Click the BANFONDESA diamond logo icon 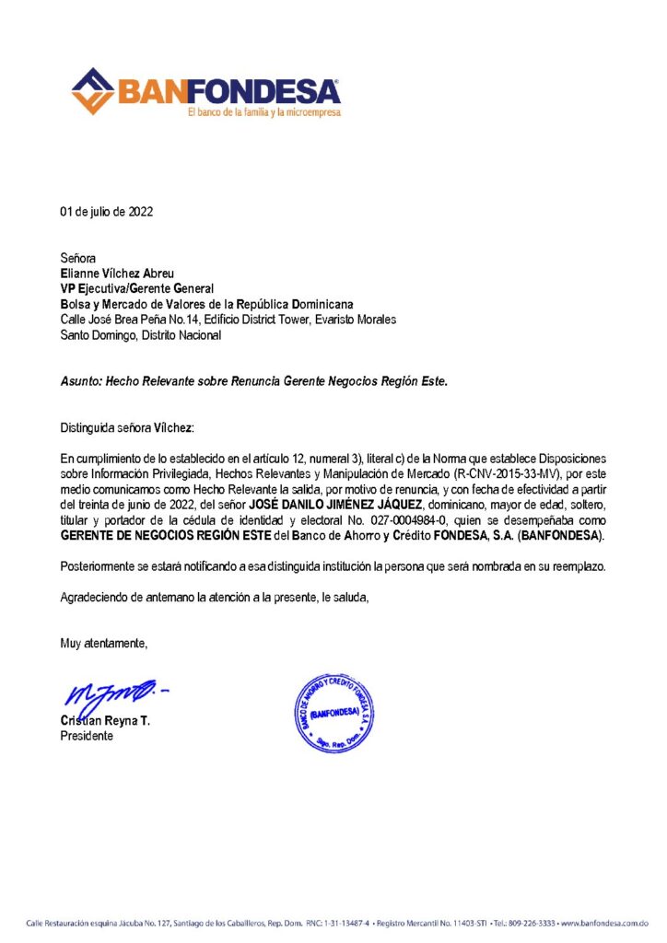93,91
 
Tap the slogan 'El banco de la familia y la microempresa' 263,112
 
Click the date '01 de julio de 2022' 107,212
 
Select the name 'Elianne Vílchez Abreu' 116,274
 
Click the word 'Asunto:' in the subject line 81,380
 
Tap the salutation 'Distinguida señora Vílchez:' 128,428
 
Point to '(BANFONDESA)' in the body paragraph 562,535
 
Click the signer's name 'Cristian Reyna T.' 105,721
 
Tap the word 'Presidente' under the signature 88,737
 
